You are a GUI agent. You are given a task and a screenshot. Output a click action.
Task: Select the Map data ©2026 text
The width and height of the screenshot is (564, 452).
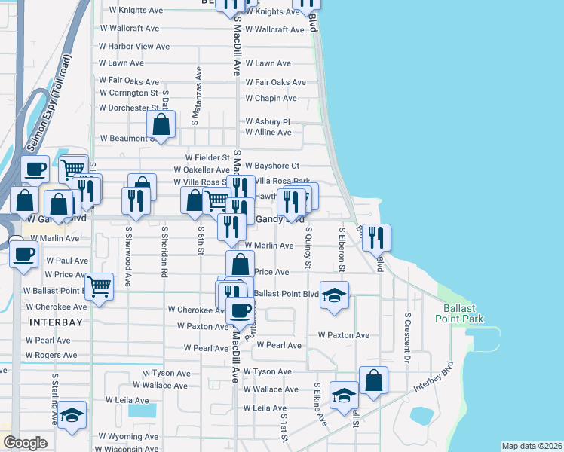pos(531,446)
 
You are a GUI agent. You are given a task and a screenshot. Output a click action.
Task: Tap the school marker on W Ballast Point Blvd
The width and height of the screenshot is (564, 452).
pos(334,295)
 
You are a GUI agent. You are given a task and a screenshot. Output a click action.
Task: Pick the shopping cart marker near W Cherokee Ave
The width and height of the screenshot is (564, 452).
pos(99,286)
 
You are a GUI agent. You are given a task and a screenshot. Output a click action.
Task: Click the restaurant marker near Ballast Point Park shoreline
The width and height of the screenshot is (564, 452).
pos(376,238)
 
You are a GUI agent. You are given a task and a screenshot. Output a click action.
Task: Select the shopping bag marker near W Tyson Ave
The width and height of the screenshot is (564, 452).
pos(373,381)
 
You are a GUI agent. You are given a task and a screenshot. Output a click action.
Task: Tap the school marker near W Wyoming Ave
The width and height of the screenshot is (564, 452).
pos(72,416)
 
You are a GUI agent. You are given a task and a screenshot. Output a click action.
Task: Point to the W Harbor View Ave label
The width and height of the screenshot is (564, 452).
pos(134,47)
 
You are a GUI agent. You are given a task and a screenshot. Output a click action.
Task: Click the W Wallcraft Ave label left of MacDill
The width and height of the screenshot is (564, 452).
pos(129,29)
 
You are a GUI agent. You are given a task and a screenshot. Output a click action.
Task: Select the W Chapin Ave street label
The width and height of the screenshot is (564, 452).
pos(271,99)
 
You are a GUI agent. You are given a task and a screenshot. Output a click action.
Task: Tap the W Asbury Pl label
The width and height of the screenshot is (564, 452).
pos(268,121)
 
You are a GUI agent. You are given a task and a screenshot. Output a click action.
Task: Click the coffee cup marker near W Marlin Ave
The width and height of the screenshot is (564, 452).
pos(23,253)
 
